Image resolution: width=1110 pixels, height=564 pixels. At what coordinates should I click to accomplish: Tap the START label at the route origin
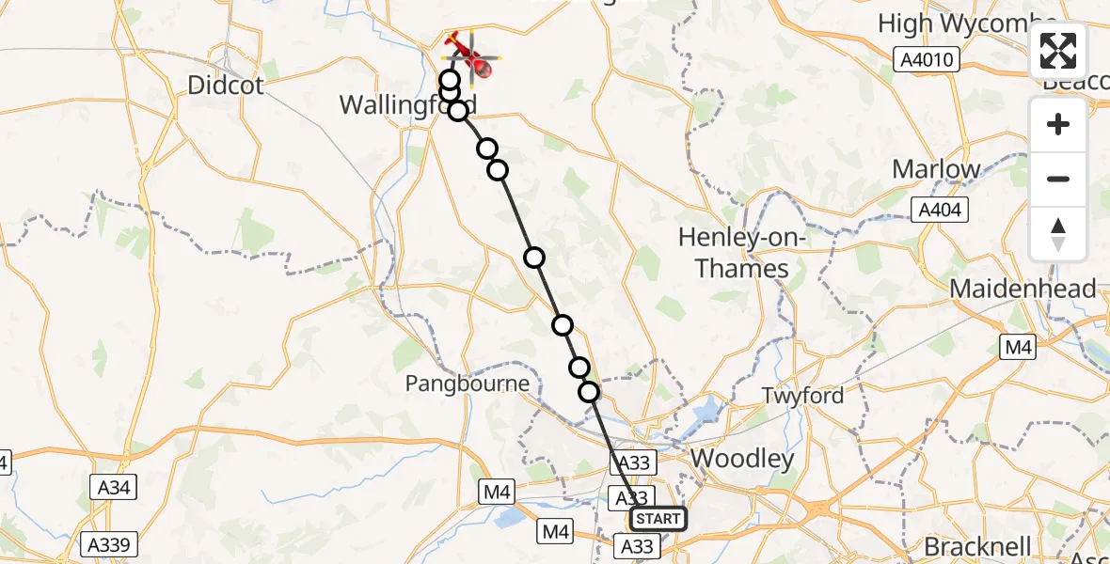[658, 519]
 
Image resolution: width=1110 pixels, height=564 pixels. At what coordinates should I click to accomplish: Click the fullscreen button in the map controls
[1058, 51]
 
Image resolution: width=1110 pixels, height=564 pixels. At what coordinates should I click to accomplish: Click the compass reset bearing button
[1058, 232]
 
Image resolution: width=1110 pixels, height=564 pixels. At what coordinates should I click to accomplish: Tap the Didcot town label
[225, 86]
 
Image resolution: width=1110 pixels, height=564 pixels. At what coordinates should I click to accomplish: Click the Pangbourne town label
[468, 384]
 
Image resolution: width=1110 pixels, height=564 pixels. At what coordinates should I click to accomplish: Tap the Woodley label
[741, 459]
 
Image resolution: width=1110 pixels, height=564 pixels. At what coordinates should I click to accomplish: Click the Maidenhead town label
[1023, 289]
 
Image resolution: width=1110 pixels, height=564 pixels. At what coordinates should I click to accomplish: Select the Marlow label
[936, 169]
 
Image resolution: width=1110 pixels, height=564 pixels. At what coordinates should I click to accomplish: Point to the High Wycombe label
[967, 23]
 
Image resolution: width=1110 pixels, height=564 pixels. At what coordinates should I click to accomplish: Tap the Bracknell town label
[977, 546]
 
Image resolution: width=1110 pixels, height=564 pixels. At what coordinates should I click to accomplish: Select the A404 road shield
[939, 210]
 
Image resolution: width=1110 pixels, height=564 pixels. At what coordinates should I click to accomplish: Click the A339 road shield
[110, 544]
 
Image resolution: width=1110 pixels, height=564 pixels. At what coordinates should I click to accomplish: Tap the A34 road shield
[115, 488]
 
